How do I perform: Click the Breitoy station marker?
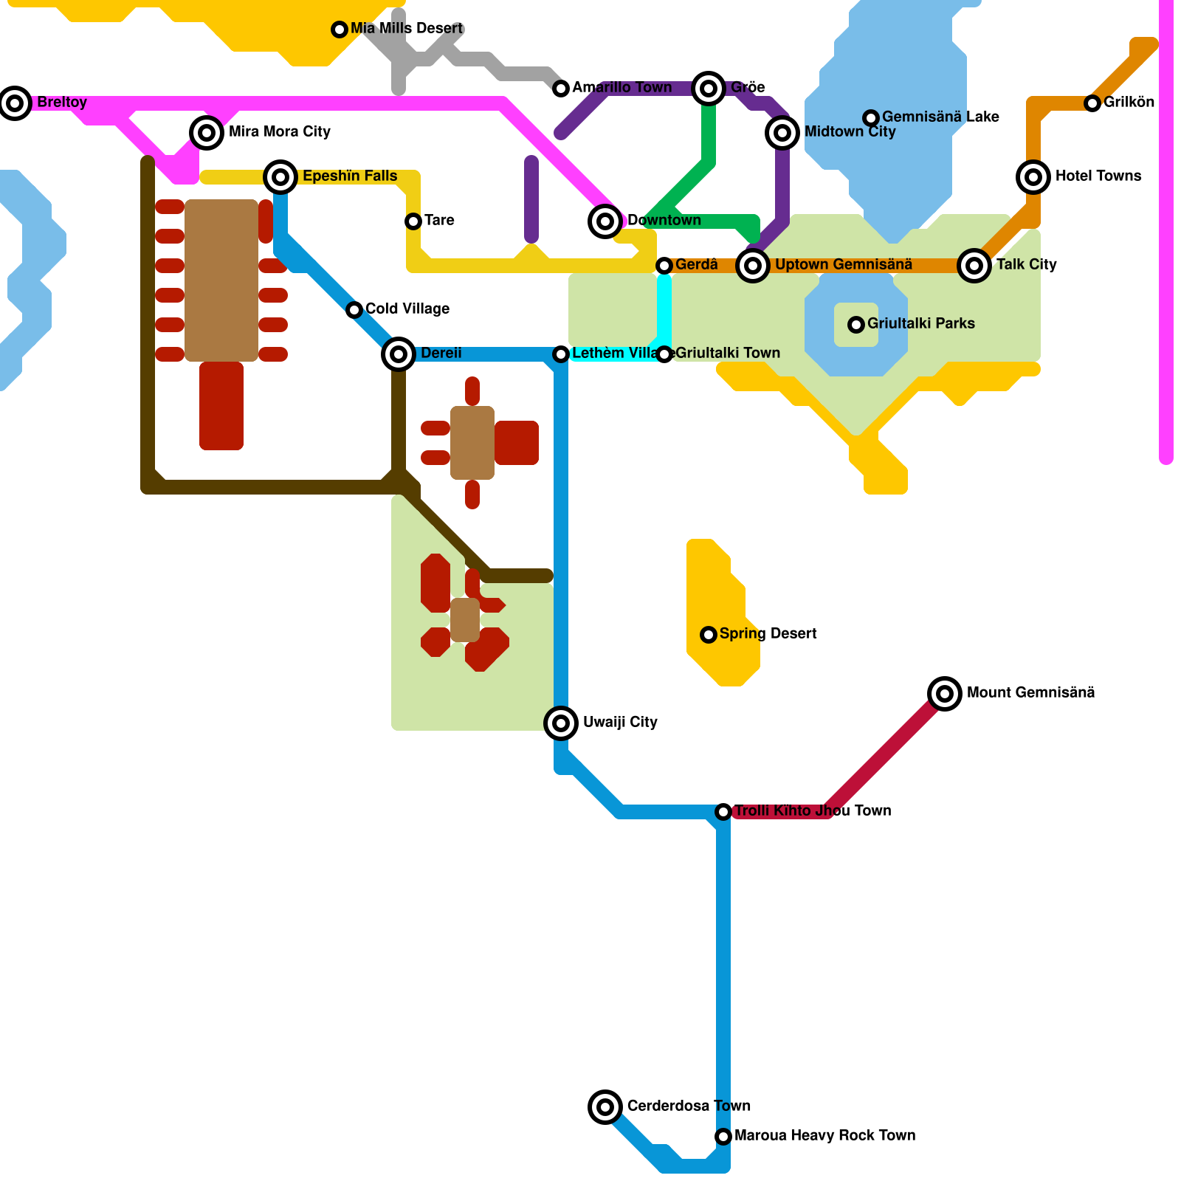coord(15,103)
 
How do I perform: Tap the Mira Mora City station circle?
coord(207,133)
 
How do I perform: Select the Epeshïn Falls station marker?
coord(280,177)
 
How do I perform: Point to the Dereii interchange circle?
coord(399,354)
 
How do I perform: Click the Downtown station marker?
coord(605,221)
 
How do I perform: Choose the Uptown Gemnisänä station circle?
coord(753,265)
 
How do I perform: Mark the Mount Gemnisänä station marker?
coord(945,694)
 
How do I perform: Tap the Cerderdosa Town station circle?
coord(605,1107)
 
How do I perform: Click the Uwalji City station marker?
coord(561,723)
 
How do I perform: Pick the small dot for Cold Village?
coord(354,310)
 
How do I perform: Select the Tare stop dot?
coord(413,221)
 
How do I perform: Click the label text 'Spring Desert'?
coord(768,634)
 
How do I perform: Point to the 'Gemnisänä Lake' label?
coord(940,117)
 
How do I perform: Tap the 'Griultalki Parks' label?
coord(920,324)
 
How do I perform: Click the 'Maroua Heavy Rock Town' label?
coord(824,1136)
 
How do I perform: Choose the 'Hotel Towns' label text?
coord(1098,176)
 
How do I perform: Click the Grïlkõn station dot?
coord(1092,103)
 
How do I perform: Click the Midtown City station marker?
coord(782,133)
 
